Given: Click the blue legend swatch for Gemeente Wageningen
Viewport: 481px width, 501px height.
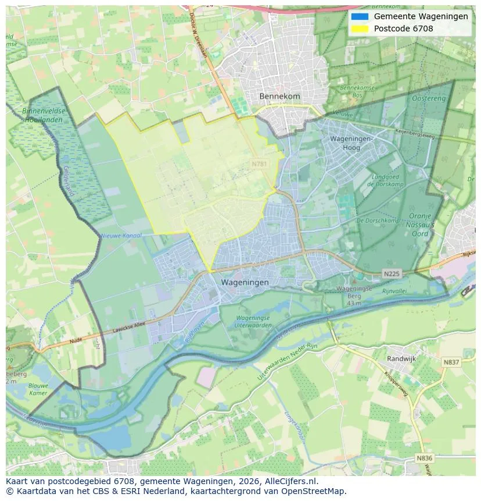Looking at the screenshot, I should click(360, 16).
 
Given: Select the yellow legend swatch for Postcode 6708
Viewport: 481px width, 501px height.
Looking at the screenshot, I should click(360, 29).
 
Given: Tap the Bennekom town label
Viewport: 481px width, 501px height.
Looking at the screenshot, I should click(279, 96).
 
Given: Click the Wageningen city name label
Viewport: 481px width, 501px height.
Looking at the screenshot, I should click(245, 282).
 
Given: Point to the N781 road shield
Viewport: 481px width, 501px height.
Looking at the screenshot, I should click(260, 164).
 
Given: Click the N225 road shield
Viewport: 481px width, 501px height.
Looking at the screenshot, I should click(392, 273).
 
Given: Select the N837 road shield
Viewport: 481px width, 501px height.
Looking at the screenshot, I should click(451, 362).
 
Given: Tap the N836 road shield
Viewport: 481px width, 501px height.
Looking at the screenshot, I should click(425, 458).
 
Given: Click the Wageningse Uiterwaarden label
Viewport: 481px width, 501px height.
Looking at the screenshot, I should click(253, 322).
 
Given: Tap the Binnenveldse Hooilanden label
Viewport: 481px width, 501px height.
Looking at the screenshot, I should click(44, 115).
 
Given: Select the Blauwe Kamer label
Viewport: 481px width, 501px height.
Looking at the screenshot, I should click(40, 389).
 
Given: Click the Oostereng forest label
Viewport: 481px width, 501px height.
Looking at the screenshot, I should click(428, 99).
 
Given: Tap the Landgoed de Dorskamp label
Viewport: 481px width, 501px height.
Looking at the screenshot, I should click(379, 180).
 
